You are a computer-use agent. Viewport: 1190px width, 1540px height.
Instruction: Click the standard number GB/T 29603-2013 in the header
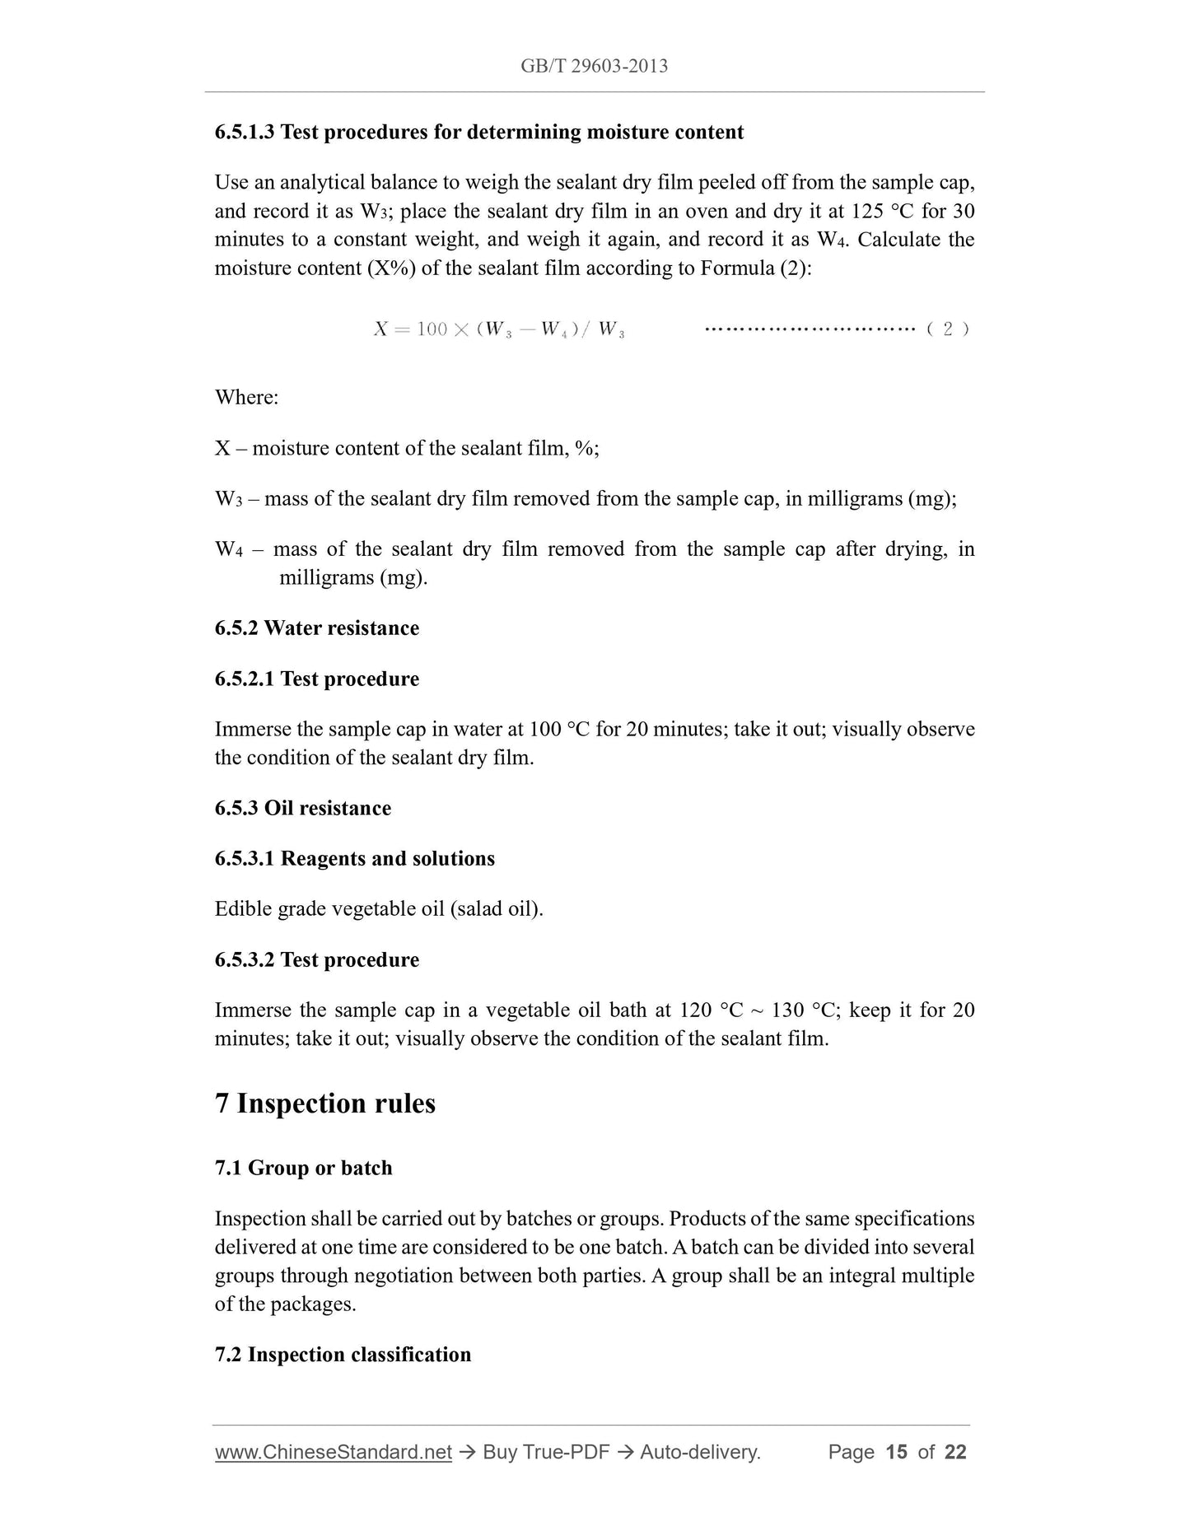click(x=594, y=66)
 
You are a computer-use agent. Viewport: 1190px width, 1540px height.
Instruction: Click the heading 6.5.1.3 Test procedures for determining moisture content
click(x=478, y=133)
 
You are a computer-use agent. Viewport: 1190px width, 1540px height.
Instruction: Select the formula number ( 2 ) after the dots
click(x=947, y=329)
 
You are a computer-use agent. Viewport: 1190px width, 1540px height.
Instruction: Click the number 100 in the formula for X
click(x=432, y=329)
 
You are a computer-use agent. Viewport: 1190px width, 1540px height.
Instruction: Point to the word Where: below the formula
click(x=246, y=398)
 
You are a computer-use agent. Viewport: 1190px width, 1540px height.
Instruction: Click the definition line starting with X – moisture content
click(x=407, y=449)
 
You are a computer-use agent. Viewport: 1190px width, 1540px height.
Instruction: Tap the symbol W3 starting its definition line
click(x=228, y=500)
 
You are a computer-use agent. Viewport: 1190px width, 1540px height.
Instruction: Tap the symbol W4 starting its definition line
click(x=228, y=550)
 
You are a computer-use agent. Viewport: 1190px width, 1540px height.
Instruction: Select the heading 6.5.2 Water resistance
click(x=316, y=628)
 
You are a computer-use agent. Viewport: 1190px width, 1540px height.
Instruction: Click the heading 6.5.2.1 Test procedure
click(x=316, y=679)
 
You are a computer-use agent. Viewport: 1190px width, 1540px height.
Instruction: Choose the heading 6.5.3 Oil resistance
click(x=302, y=809)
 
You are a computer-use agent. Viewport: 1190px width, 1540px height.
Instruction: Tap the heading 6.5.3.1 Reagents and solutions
click(x=354, y=859)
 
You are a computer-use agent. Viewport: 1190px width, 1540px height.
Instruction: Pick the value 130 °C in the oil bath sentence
click(x=804, y=1010)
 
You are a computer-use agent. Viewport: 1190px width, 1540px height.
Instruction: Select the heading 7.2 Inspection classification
click(x=343, y=1356)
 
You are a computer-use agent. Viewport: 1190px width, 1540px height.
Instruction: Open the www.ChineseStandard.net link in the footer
click(x=334, y=1453)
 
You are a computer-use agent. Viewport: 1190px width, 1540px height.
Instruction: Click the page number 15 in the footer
click(x=896, y=1453)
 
